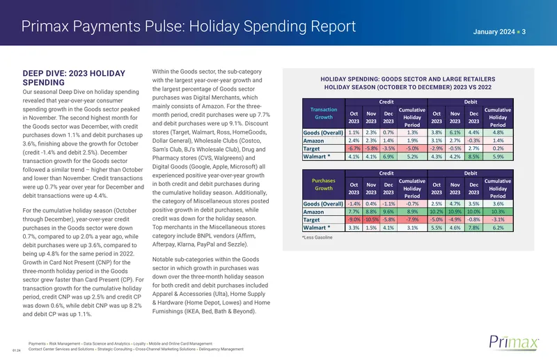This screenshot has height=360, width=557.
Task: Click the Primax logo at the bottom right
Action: click(x=514, y=342)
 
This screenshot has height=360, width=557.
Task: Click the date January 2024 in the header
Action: click(x=494, y=32)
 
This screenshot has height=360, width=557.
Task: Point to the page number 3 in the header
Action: click(x=524, y=32)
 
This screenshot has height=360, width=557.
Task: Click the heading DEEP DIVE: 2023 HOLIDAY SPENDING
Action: click(x=74, y=78)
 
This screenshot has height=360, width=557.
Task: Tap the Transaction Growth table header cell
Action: click(x=324, y=114)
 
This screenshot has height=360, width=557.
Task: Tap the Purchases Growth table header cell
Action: click(x=324, y=185)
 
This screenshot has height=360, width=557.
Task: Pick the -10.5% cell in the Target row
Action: click(x=371, y=219)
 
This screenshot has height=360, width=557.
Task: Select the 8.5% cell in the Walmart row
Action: click(x=473, y=157)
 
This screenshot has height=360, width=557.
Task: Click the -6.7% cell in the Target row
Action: click(x=354, y=148)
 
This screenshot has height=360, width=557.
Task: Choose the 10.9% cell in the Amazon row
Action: click(x=455, y=212)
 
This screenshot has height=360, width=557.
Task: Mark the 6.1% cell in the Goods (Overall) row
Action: click(x=455, y=132)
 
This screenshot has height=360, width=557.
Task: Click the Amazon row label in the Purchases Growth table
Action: click(x=313, y=212)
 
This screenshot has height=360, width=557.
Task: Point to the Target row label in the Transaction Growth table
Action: click(x=311, y=148)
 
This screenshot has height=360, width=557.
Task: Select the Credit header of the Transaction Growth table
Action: click(x=386, y=102)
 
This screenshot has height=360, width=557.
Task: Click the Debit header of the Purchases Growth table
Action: click(x=471, y=173)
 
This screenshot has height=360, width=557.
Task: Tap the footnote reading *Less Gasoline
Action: click(x=317, y=237)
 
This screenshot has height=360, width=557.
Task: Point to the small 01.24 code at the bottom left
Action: click(x=17, y=351)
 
